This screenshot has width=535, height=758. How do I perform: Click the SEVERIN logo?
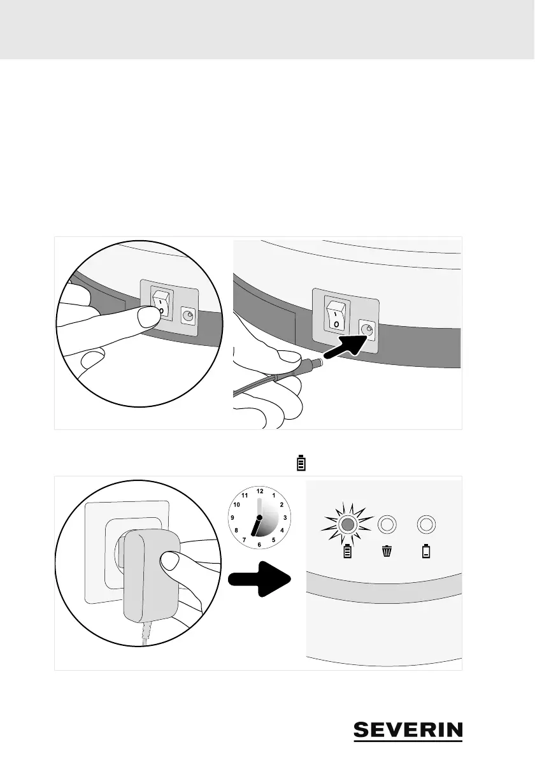click(x=408, y=731)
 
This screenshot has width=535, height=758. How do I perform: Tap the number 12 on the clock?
click(x=259, y=491)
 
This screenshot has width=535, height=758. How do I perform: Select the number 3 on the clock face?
click(x=285, y=518)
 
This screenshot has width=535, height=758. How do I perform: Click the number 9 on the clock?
click(x=232, y=518)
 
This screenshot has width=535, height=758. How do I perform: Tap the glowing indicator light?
click(x=347, y=525)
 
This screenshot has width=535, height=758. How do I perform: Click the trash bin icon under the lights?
click(x=387, y=552)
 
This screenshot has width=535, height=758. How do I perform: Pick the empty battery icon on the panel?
click(x=426, y=552)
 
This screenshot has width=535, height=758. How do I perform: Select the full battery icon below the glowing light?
click(x=347, y=552)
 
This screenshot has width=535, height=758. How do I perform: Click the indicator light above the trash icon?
click(x=387, y=525)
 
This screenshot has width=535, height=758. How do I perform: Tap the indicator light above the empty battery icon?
click(x=426, y=525)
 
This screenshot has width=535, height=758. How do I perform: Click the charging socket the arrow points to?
click(x=366, y=329)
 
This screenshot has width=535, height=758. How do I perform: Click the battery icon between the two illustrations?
click(x=301, y=463)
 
